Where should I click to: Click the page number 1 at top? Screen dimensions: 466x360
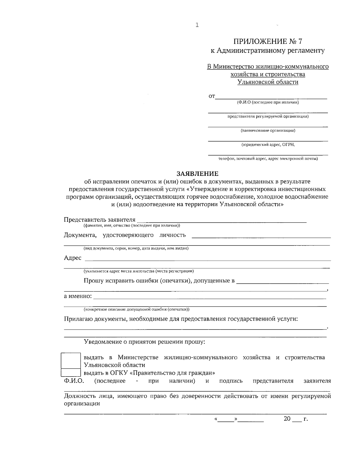pyautogui.click(x=197, y=25)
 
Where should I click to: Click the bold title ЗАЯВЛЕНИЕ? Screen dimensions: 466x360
pyautogui.click(x=197, y=174)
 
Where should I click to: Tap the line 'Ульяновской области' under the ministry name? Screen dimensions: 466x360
pyautogui.click(x=268, y=82)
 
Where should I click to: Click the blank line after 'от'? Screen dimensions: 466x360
pyautogui.click(x=271, y=97)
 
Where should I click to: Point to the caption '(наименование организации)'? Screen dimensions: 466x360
pyautogui.click(x=268, y=131)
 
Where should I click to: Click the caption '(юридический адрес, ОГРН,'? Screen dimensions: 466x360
pyautogui.click(x=268, y=145)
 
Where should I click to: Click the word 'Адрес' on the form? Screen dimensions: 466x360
pyautogui.click(x=73, y=258)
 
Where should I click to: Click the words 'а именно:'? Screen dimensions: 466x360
pyautogui.click(x=78, y=296)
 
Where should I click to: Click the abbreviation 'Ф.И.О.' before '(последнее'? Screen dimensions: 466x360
pyautogui.click(x=74, y=381)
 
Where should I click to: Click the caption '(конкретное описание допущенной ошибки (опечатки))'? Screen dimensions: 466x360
pyautogui.click(x=136, y=309)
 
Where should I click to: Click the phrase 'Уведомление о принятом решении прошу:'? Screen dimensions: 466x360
pyautogui.click(x=145, y=342)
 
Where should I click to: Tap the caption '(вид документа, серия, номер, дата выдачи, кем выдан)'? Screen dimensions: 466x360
pyautogui.click(x=136, y=248)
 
